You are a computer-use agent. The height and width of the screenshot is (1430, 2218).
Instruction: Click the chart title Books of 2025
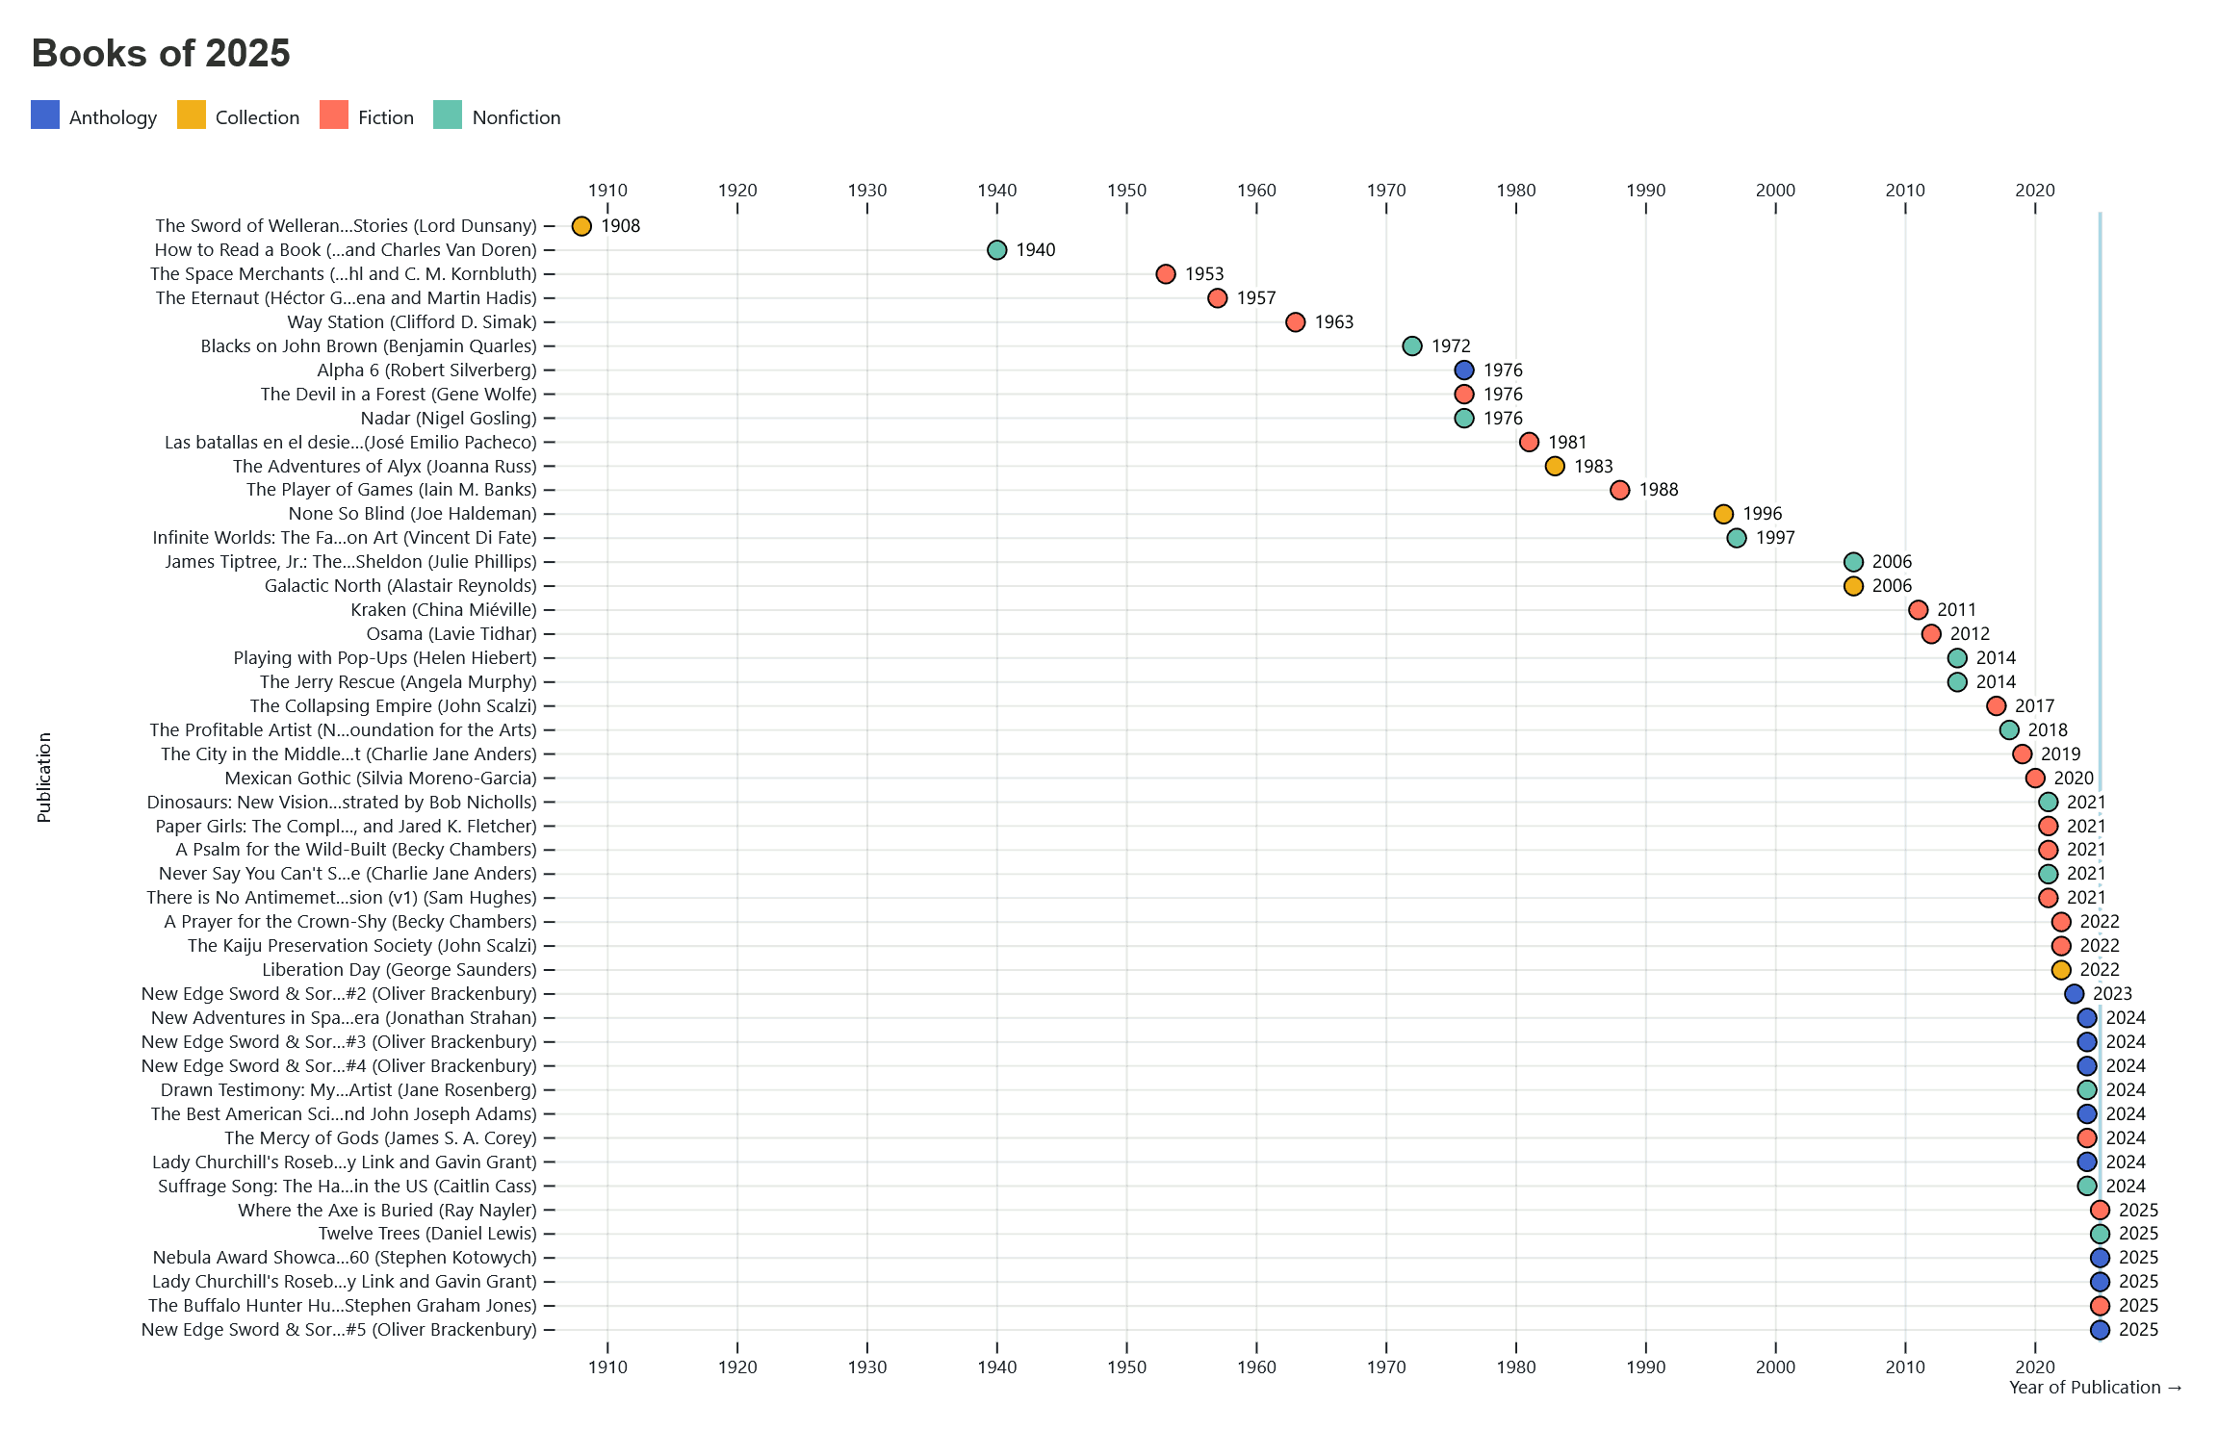click(x=161, y=54)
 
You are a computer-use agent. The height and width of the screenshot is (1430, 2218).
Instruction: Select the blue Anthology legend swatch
click(x=45, y=115)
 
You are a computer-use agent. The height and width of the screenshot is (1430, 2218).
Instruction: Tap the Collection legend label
click(x=257, y=117)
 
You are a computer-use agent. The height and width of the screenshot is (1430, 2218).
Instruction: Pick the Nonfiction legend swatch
click(x=448, y=115)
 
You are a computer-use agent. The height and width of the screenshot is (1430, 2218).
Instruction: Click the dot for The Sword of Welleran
click(x=581, y=226)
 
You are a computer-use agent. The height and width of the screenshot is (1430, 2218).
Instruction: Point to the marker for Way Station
click(x=1296, y=322)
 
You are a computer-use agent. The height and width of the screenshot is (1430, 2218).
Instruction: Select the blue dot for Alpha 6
click(x=1464, y=370)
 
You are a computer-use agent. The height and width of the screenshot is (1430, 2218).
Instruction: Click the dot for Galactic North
click(x=1853, y=586)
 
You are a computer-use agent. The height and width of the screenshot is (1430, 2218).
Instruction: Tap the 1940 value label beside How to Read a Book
click(x=1035, y=250)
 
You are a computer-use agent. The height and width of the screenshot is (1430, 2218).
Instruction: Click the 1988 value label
click(x=1658, y=490)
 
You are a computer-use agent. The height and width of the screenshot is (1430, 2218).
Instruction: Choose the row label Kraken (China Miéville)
click(x=444, y=610)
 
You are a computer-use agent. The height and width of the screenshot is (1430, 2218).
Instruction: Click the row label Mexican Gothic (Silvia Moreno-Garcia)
click(x=380, y=779)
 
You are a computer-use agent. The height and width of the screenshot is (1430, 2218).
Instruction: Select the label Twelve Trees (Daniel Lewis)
click(x=427, y=1234)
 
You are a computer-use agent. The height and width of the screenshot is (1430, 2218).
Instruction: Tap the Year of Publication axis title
click(x=2095, y=1388)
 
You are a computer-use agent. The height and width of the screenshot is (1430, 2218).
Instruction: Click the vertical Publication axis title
click(x=44, y=778)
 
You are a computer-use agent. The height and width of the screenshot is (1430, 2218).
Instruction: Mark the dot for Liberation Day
click(x=2061, y=970)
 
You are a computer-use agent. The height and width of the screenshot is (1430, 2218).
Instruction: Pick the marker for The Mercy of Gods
click(x=2087, y=1138)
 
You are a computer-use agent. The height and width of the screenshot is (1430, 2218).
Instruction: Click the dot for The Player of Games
click(x=1620, y=490)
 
